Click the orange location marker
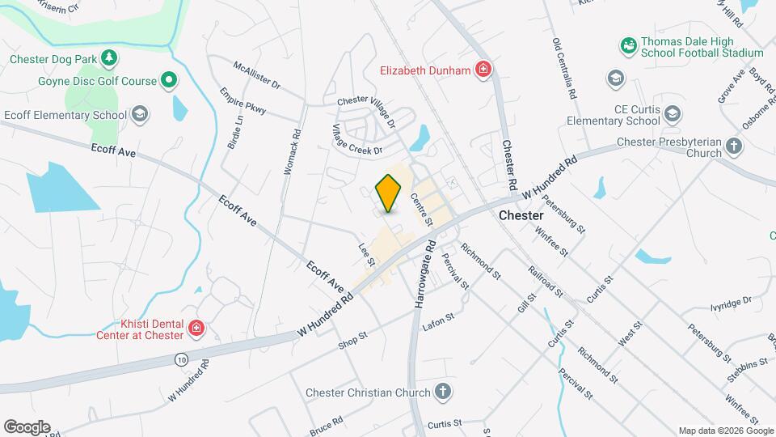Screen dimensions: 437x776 [x=389, y=193]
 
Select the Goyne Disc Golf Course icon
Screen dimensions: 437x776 [x=168, y=80]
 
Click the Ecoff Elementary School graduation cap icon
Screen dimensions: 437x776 [x=141, y=114]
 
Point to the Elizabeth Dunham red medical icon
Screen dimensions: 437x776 [x=483, y=70]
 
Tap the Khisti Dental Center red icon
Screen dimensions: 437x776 [x=196, y=328]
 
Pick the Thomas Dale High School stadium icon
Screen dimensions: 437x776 [x=628, y=46]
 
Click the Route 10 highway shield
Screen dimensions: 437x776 [x=180, y=357]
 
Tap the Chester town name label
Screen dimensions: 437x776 [x=521, y=216]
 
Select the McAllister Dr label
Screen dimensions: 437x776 [x=256, y=74]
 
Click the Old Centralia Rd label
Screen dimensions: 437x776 [x=563, y=69]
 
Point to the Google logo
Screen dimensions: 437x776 [x=27, y=426]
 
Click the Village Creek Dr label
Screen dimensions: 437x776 [x=356, y=139]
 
